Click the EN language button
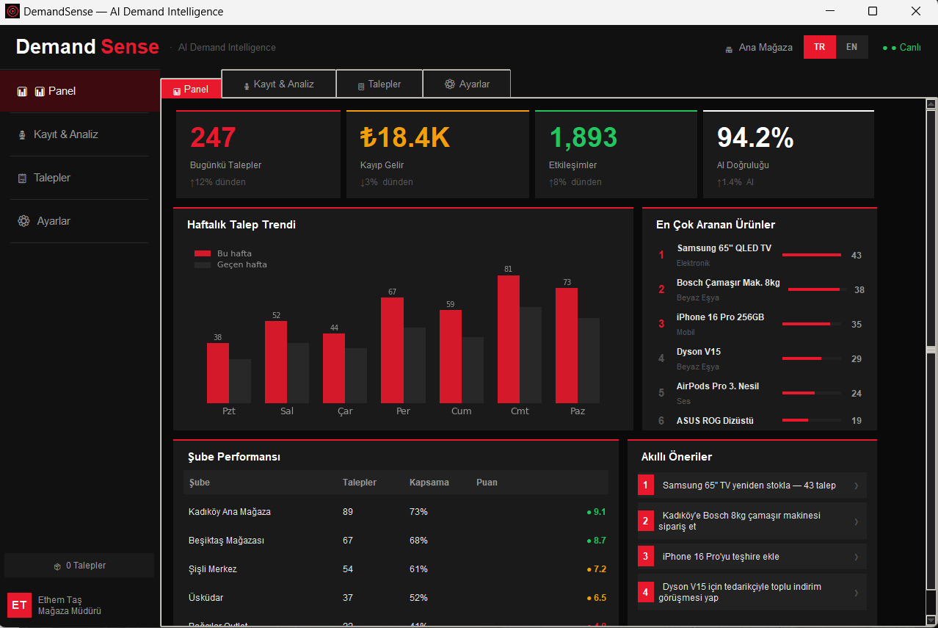pos(851,47)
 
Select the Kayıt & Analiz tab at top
pos(279,84)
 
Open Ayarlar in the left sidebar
pos(54,221)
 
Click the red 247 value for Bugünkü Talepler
pos(213,137)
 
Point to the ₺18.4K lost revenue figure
pos(404,137)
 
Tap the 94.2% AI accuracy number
pos(755,137)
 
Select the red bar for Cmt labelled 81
pos(508,339)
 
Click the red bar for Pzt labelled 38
pos(217,372)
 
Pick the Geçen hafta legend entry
pos(241,264)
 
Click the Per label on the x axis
pos(403,411)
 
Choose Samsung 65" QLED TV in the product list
pos(724,248)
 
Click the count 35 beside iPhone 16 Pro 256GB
pos(856,325)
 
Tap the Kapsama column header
pos(429,483)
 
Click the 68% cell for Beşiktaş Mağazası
pos(418,541)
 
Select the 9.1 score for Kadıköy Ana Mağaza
pos(598,512)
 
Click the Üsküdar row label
pos(206,598)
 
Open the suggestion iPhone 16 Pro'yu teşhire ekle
pos(720,557)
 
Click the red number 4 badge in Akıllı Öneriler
pos(645,592)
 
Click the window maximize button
pos(872,12)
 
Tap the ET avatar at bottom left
pos(19,605)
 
